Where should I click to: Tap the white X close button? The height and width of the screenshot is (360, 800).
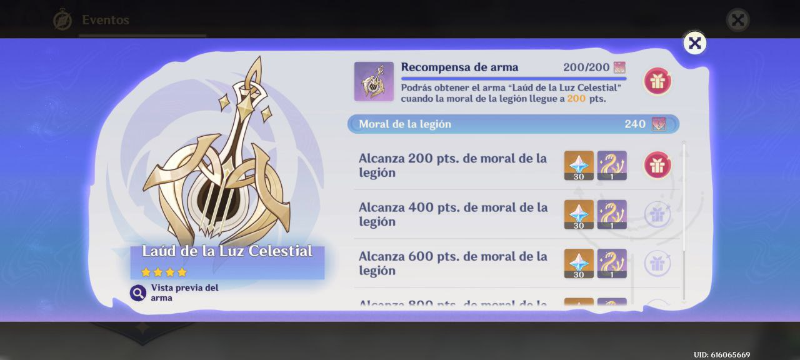tap(694, 43)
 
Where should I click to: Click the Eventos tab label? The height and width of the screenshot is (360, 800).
tap(106, 20)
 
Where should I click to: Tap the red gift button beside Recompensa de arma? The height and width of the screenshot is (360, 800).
tap(657, 81)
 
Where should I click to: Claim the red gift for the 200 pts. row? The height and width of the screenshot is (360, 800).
tap(657, 165)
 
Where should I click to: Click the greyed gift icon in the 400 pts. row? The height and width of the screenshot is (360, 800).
tap(657, 214)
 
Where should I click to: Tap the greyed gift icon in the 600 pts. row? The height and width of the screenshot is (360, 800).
tap(657, 263)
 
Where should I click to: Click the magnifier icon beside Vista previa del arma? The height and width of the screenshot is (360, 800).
tap(138, 292)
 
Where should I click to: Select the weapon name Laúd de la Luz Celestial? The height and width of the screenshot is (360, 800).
tap(227, 251)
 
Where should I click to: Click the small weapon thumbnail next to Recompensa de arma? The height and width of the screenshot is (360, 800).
tap(374, 81)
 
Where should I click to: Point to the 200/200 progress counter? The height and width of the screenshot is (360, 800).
tap(586, 67)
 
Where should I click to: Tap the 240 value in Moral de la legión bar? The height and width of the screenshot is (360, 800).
tap(635, 124)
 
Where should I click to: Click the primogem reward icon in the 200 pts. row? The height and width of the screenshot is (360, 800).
tap(579, 165)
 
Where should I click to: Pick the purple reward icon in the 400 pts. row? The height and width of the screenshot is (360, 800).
tap(612, 214)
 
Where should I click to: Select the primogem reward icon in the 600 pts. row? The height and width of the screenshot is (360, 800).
tap(579, 263)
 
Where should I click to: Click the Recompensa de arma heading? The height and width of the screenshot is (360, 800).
tap(459, 67)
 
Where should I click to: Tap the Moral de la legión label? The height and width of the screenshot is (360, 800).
tap(405, 124)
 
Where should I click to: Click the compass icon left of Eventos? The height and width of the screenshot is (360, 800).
tap(62, 20)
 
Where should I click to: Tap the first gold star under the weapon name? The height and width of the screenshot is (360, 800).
tap(146, 272)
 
